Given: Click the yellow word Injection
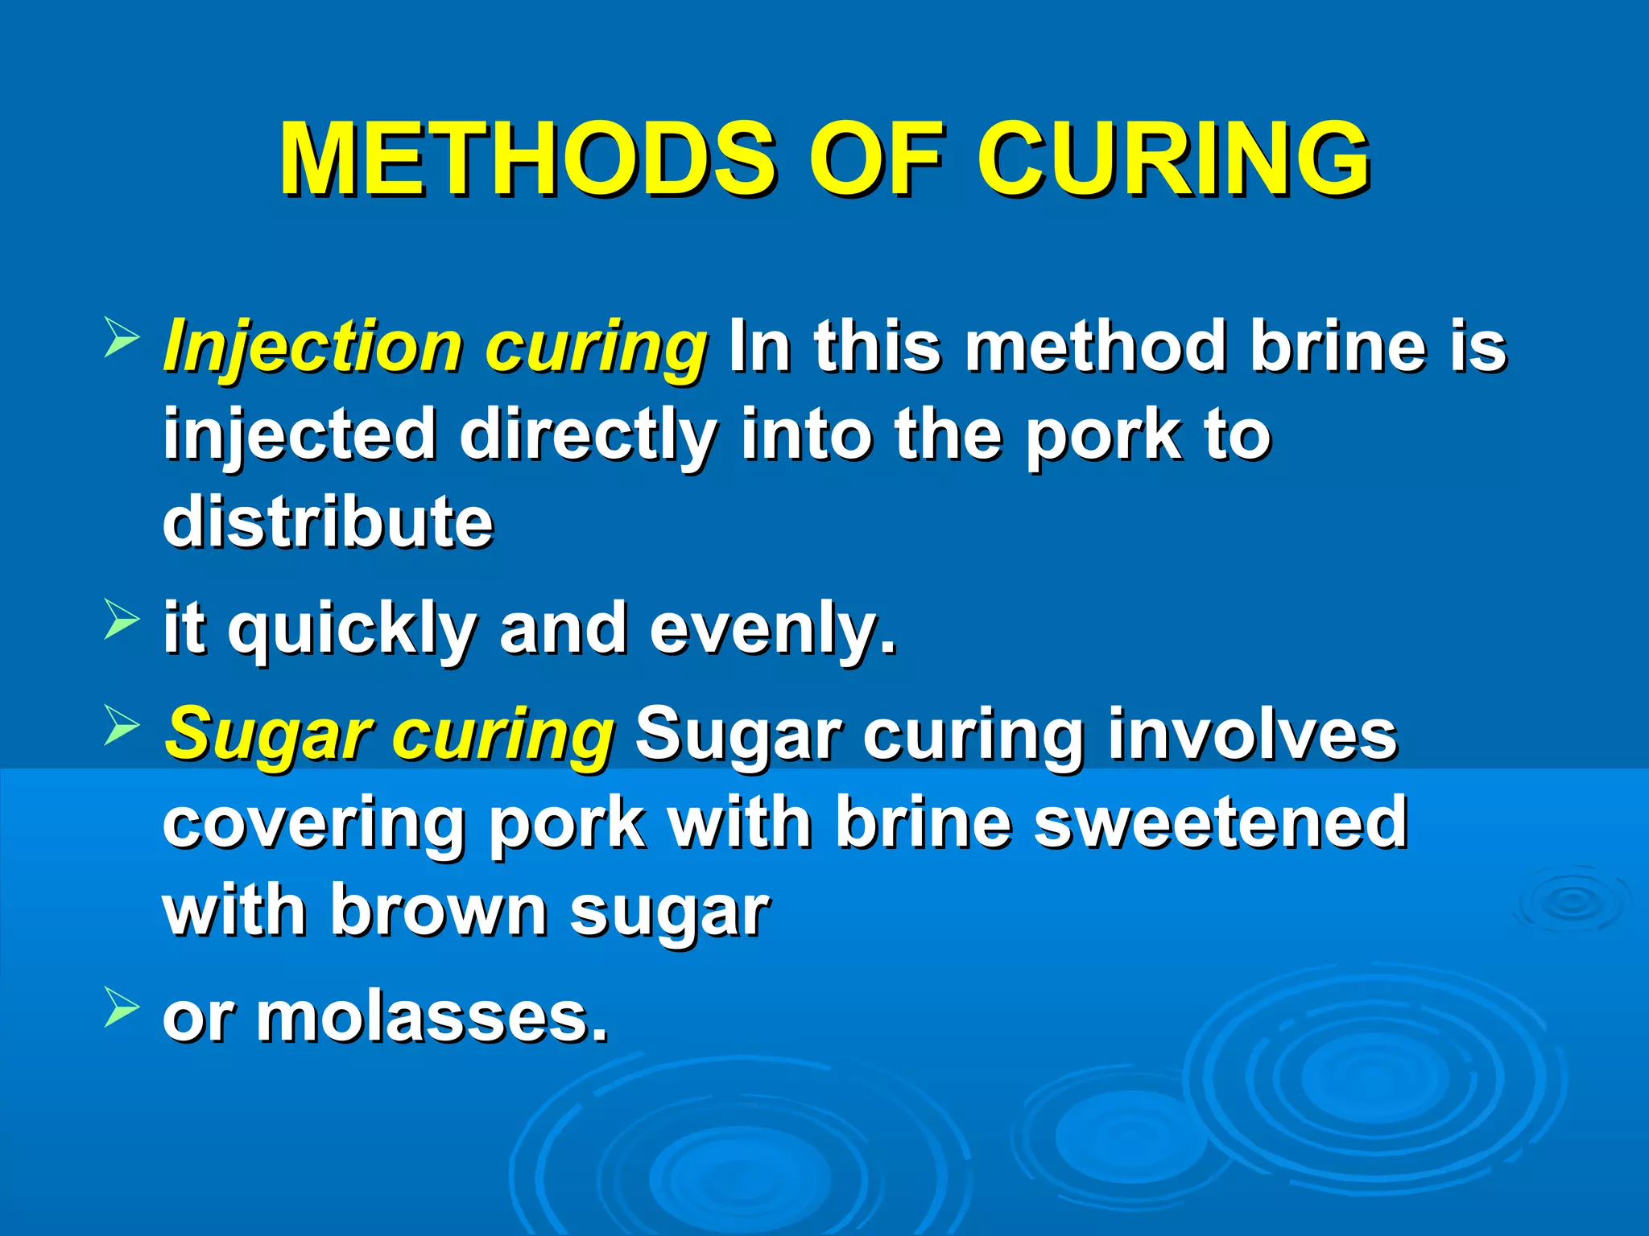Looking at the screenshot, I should click(x=314, y=348).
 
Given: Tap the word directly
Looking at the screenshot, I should click(x=589, y=435).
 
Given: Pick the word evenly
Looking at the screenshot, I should click(x=773, y=630).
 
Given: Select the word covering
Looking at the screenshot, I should click(x=314, y=823).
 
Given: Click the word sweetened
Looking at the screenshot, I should click(x=1221, y=822).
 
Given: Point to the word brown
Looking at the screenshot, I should click(x=439, y=910).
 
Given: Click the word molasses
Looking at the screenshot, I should click(x=432, y=1017).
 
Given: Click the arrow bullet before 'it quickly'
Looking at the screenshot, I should click(x=122, y=621).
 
